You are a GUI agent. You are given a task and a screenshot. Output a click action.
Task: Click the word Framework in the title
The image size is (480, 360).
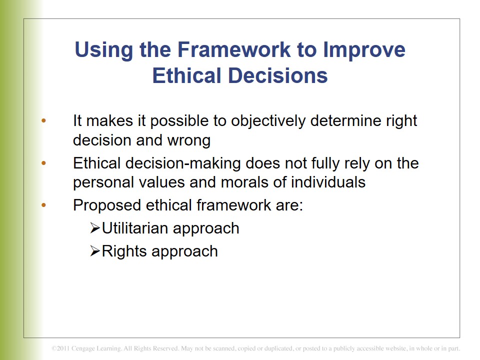(234, 49)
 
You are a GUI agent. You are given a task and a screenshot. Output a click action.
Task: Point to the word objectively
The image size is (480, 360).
(268, 121)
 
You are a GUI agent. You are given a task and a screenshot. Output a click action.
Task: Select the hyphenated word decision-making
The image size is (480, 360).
(183, 163)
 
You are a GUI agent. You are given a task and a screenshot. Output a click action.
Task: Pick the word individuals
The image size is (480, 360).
(328, 182)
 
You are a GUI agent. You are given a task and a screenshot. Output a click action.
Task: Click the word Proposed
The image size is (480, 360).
(107, 205)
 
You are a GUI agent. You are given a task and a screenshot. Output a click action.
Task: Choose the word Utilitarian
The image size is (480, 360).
(135, 228)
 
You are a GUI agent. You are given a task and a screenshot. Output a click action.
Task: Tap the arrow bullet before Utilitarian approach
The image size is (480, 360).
(95, 228)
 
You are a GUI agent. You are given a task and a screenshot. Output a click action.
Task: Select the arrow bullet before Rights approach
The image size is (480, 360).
(95, 251)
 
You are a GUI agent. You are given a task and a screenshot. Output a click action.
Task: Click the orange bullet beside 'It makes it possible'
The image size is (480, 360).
(43, 121)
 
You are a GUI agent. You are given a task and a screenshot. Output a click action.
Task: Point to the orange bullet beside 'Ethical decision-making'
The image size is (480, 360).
(43, 163)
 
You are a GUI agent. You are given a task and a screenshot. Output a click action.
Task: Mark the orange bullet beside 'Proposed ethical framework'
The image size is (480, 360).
(43, 205)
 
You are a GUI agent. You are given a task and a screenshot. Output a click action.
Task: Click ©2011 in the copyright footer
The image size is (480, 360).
(60, 348)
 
